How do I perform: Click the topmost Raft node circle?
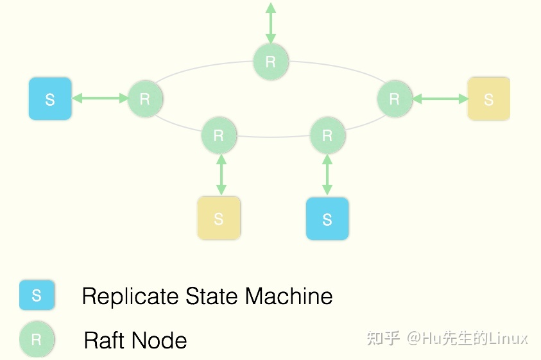pyautogui.click(x=271, y=62)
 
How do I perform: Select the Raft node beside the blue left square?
pyautogui.click(x=145, y=99)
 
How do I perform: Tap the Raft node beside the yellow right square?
pyautogui.click(x=395, y=99)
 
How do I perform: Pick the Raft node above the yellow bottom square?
pyautogui.click(x=219, y=135)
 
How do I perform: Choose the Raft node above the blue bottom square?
pyautogui.click(x=327, y=135)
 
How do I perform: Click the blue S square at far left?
pyautogui.click(x=50, y=99)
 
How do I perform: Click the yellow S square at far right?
pyautogui.click(x=488, y=99)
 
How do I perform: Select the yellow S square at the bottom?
pyautogui.click(x=219, y=218)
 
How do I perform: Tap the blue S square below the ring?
pyautogui.click(x=327, y=218)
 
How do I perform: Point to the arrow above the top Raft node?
pyautogui.click(x=271, y=23)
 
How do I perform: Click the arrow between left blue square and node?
pyautogui.click(x=99, y=98)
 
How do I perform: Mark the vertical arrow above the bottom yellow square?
pyautogui.click(x=221, y=175)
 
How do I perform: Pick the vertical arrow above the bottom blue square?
pyautogui.click(x=327, y=175)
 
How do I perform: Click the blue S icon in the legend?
pyautogui.click(x=37, y=295)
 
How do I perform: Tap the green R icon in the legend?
pyautogui.click(x=37, y=339)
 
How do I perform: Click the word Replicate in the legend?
pyautogui.click(x=130, y=296)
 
